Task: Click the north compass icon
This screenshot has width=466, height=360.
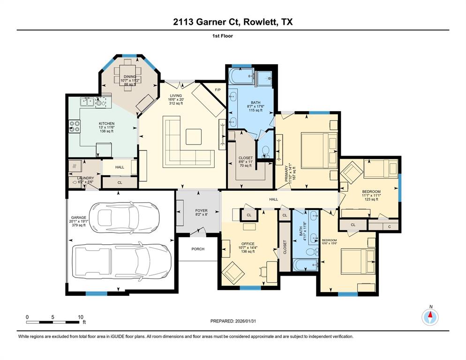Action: point(430,317)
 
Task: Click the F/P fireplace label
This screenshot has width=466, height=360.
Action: point(218,90)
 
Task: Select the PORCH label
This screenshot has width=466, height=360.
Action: point(198,249)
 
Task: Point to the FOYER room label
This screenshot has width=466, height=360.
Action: point(202,210)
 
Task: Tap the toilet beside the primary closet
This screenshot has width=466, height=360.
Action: point(265,151)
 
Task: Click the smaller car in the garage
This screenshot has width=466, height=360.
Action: point(124,217)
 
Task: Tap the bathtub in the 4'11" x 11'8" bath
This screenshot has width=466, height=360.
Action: point(305,265)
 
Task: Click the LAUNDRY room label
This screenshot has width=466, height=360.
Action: point(85,178)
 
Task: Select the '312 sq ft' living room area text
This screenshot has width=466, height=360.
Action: point(176,103)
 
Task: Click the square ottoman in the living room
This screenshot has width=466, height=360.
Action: point(194,136)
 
